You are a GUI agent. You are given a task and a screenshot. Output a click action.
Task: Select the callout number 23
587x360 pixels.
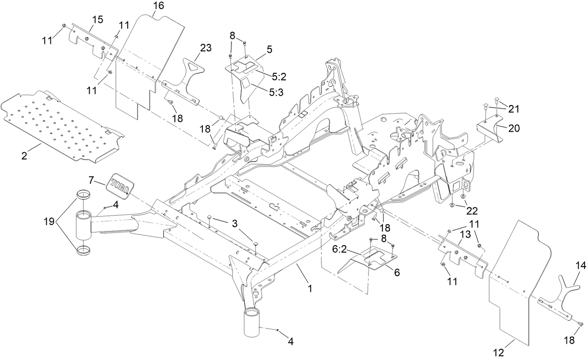206,48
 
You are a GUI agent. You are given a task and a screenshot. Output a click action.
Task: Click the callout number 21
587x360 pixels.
514,109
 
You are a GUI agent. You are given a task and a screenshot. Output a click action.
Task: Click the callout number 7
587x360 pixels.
91,179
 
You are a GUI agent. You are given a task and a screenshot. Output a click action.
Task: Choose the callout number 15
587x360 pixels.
97,20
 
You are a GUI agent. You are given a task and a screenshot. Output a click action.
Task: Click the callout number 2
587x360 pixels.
24,155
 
